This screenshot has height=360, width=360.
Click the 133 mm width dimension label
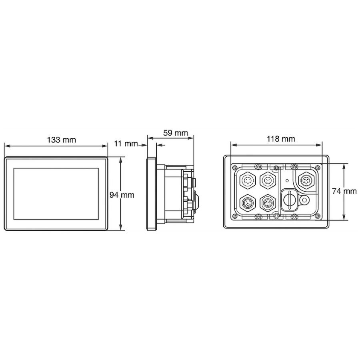coord(61,140)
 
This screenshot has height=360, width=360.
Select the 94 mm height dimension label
coord(122,195)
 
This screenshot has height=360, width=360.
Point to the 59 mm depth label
coord(175,133)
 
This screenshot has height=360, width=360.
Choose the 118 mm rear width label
coord(281,139)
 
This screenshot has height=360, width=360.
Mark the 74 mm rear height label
coord(344,191)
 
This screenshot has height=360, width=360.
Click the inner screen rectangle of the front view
coord(56,194)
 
